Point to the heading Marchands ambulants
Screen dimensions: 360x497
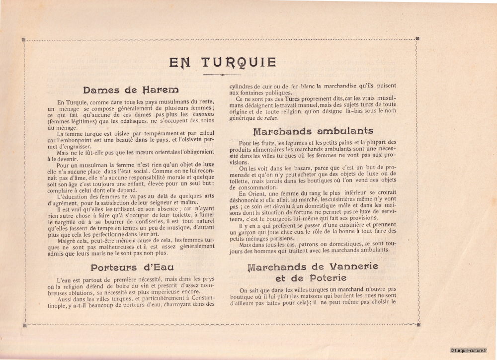click(x=313, y=131)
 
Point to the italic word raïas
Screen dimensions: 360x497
click(x=270, y=118)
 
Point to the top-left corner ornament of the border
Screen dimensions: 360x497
click(x=23, y=39)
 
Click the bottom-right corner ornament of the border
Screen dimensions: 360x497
click(x=417, y=326)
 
